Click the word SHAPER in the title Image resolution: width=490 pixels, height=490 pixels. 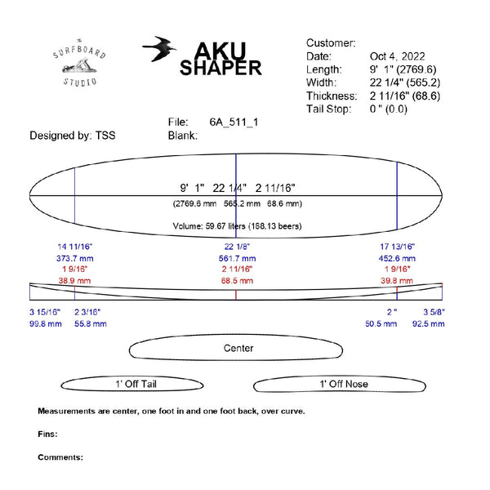[220, 69]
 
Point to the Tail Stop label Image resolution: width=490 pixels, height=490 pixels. [328, 109]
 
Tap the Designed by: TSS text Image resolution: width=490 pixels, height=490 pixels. [73, 136]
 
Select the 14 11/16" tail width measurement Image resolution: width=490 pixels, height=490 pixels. [75, 247]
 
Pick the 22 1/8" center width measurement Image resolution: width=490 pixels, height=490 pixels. [238, 247]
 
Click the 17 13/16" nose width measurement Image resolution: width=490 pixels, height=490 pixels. [398, 247]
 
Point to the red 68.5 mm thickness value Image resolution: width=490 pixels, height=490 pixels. [238, 280]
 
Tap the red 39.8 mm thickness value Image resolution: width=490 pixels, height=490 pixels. [398, 280]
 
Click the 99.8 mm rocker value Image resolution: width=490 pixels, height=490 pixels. [46, 324]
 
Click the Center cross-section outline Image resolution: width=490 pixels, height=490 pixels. [238, 349]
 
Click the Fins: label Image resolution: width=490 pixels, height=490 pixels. [48, 434]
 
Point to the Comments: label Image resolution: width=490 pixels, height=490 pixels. [60, 457]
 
